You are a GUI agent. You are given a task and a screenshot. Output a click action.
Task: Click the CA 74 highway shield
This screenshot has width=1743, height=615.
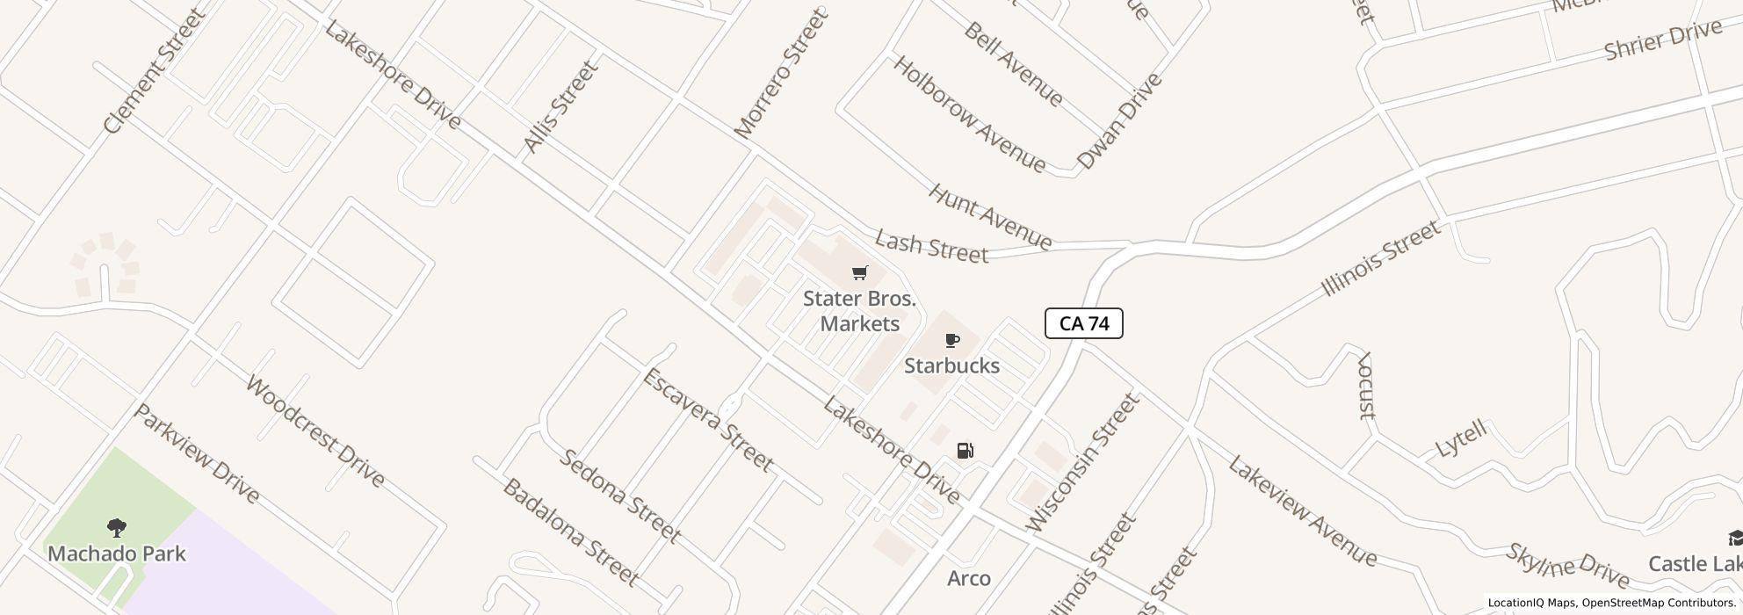coord(1083,323)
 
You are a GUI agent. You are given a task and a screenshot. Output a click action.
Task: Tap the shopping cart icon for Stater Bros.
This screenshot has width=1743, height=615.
coord(859,273)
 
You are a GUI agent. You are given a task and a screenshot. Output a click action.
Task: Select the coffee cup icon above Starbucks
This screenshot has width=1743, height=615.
coord(951,340)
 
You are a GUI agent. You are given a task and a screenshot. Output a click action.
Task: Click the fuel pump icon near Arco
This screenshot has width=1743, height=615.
coord(965,451)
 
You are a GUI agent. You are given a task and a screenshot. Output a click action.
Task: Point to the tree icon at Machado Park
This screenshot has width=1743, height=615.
coord(116,527)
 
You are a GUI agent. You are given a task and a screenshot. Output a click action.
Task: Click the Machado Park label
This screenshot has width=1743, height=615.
coord(117,553)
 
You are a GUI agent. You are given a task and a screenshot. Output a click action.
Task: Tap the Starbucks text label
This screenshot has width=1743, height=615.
coord(951,365)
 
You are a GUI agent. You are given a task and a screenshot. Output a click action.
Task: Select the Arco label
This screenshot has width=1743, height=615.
coord(969,578)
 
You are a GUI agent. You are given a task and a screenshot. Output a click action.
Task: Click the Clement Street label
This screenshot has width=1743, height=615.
coord(154,72)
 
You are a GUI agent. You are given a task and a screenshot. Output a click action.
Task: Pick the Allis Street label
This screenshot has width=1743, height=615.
coord(560,107)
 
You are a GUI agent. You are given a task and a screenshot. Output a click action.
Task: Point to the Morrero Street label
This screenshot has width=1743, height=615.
coord(781,74)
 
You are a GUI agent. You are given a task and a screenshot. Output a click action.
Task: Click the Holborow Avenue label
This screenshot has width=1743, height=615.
coord(969,114)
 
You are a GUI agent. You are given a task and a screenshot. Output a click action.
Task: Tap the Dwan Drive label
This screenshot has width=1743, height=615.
coord(1118,120)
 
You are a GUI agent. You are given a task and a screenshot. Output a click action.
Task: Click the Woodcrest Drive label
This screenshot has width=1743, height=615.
coord(315,431)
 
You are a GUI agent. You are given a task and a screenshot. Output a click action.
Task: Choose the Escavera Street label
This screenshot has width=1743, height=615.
coord(708,419)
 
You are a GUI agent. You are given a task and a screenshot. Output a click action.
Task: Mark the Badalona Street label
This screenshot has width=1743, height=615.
coord(569,532)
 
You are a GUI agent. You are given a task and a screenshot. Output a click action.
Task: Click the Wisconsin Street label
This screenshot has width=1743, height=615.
coord(1083,462)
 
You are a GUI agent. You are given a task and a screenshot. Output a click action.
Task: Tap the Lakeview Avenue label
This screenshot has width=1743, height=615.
coord(1302,510)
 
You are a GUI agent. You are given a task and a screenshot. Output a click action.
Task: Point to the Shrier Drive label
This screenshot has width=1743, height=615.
coord(1662,40)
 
